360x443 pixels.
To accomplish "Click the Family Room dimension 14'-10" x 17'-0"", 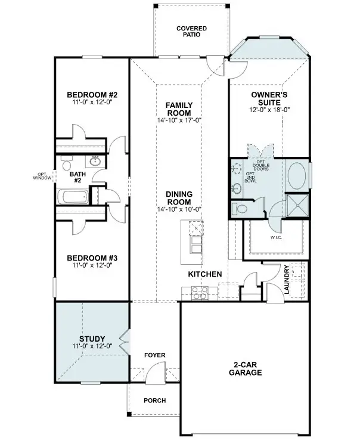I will [x=179, y=120].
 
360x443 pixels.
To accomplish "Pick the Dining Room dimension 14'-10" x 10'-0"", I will [x=179, y=209].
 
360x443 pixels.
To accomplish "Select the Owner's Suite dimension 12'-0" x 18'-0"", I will [x=269, y=110].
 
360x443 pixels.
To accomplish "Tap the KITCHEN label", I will [x=205, y=274].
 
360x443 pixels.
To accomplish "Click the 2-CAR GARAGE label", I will [x=245, y=368].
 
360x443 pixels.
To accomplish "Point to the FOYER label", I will [x=155, y=355].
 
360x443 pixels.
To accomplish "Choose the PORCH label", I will [x=155, y=401].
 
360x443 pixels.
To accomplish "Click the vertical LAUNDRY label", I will [x=287, y=280].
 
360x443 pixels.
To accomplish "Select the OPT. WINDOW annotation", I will [x=43, y=176].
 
